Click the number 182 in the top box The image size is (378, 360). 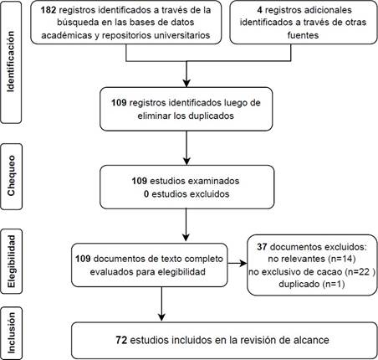[49, 10]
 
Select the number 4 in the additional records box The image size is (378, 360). [259, 10]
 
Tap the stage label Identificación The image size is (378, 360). [10, 61]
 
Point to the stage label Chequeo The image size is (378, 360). [11, 176]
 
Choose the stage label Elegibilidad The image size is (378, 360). [11, 261]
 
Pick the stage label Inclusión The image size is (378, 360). [11, 332]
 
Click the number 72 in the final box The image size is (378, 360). [121, 340]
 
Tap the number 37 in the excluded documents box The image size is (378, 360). [262, 247]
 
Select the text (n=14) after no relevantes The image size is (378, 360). [342, 259]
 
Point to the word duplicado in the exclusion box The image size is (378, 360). [299, 284]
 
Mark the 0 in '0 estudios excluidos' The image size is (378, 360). [146, 193]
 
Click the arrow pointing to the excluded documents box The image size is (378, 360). [237, 263]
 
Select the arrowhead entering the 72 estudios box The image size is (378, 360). [161, 317]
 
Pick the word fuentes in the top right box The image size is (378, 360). [303, 35]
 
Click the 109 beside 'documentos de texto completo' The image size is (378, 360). [83, 259]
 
